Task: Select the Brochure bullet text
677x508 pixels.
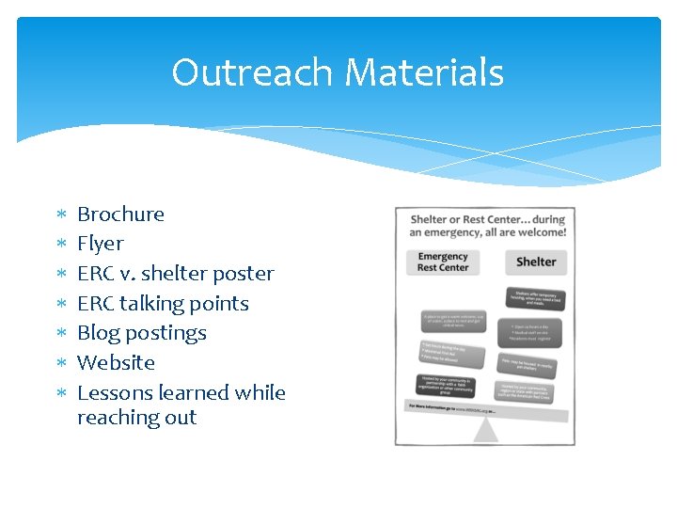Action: (120, 214)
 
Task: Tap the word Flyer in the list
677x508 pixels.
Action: (100, 244)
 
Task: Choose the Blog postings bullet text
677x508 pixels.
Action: (141, 333)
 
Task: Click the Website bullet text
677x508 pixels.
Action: (116, 363)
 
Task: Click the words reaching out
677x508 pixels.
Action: (136, 418)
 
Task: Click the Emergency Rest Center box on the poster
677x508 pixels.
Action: (443, 262)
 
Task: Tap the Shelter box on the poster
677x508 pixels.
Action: (535, 262)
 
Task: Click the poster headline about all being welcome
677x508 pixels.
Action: (487, 226)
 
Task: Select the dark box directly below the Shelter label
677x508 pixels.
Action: (536, 298)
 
